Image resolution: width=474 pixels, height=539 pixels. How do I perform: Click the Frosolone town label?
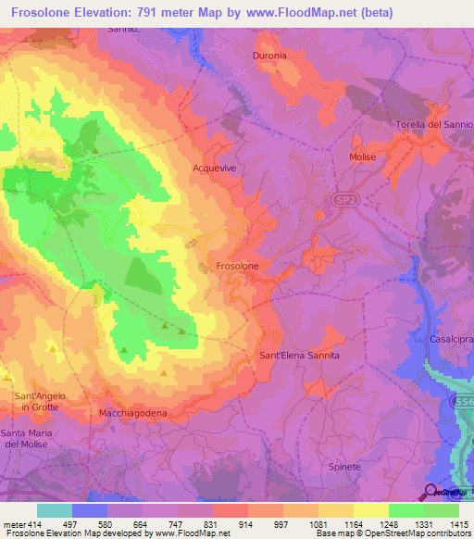click(x=237, y=266)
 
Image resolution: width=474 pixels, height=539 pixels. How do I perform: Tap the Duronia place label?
click(x=270, y=55)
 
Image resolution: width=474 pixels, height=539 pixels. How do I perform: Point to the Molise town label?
click(x=363, y=157)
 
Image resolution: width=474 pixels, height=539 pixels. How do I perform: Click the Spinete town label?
click(x=344, y=467)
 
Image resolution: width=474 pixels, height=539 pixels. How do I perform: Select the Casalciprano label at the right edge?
click(x=451, y=339)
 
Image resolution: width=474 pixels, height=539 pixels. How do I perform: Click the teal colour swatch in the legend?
click(x=55, y=510)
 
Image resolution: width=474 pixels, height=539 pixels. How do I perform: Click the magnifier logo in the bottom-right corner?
click(x=431, y=492)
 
